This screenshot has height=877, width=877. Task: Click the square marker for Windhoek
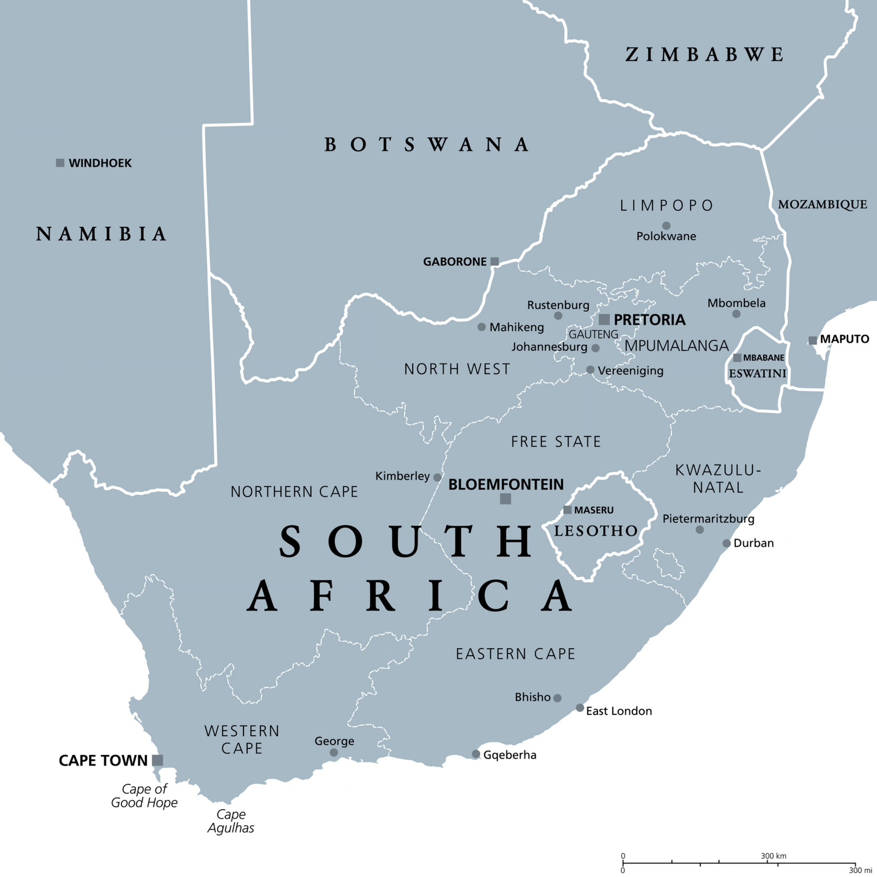click(60, 163)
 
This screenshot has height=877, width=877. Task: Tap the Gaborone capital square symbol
click(495, 262)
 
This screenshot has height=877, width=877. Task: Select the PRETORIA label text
click(649, 319)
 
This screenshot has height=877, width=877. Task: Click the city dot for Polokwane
click(666, 226)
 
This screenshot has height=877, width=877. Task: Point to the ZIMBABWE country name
click(704, 54)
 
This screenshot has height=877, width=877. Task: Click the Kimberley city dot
click(437, 477)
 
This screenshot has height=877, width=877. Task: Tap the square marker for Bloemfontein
click(505, 499)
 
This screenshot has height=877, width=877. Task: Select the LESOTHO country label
click(596, 531)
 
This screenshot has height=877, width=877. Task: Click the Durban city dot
click(726, 543)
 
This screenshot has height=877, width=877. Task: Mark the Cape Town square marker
click(158, 760)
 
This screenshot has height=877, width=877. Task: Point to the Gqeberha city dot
click(476, 754)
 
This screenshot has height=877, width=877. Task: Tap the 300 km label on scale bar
click(773, 856)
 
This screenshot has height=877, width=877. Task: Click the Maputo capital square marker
click(812, 340)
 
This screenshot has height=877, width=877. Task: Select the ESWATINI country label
click(757, 373)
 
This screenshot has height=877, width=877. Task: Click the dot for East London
click(580, 708)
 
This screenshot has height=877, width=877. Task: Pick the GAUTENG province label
click(593, 334)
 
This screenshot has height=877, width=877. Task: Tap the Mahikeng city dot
click(482, 327)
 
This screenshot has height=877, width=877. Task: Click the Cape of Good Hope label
click(144, 795)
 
